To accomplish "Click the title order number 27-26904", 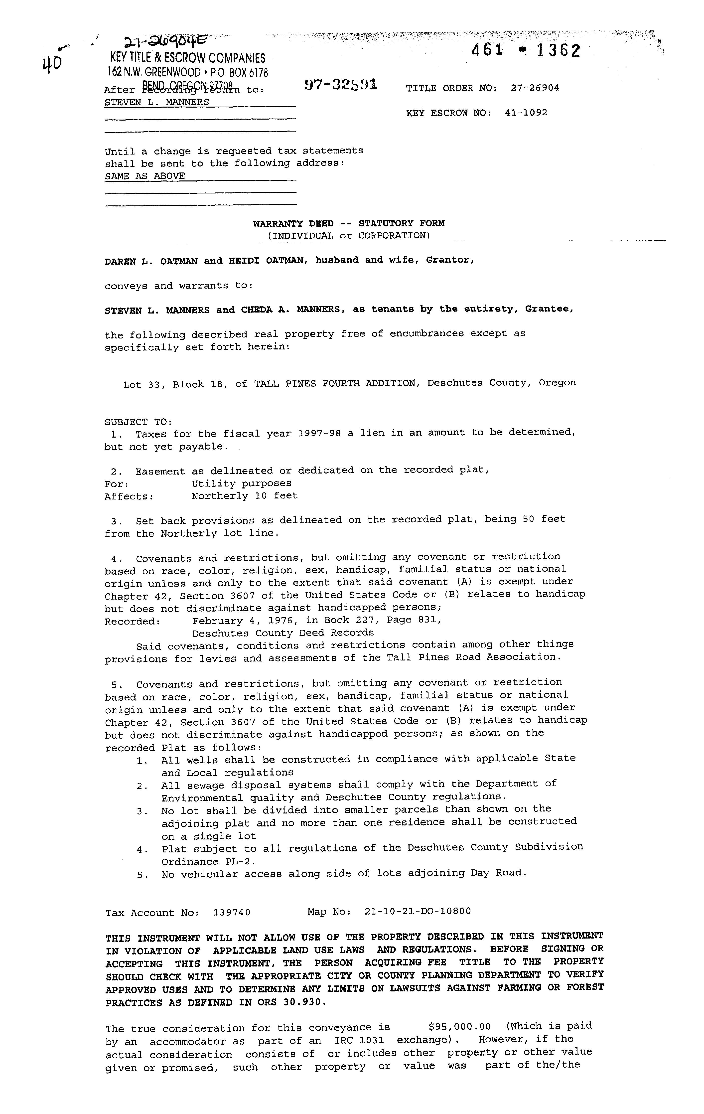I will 535,88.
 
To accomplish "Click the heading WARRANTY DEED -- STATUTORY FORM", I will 349,223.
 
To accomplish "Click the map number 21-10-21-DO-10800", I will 418,911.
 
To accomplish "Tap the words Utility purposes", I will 242,483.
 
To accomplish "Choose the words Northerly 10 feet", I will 245,496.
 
